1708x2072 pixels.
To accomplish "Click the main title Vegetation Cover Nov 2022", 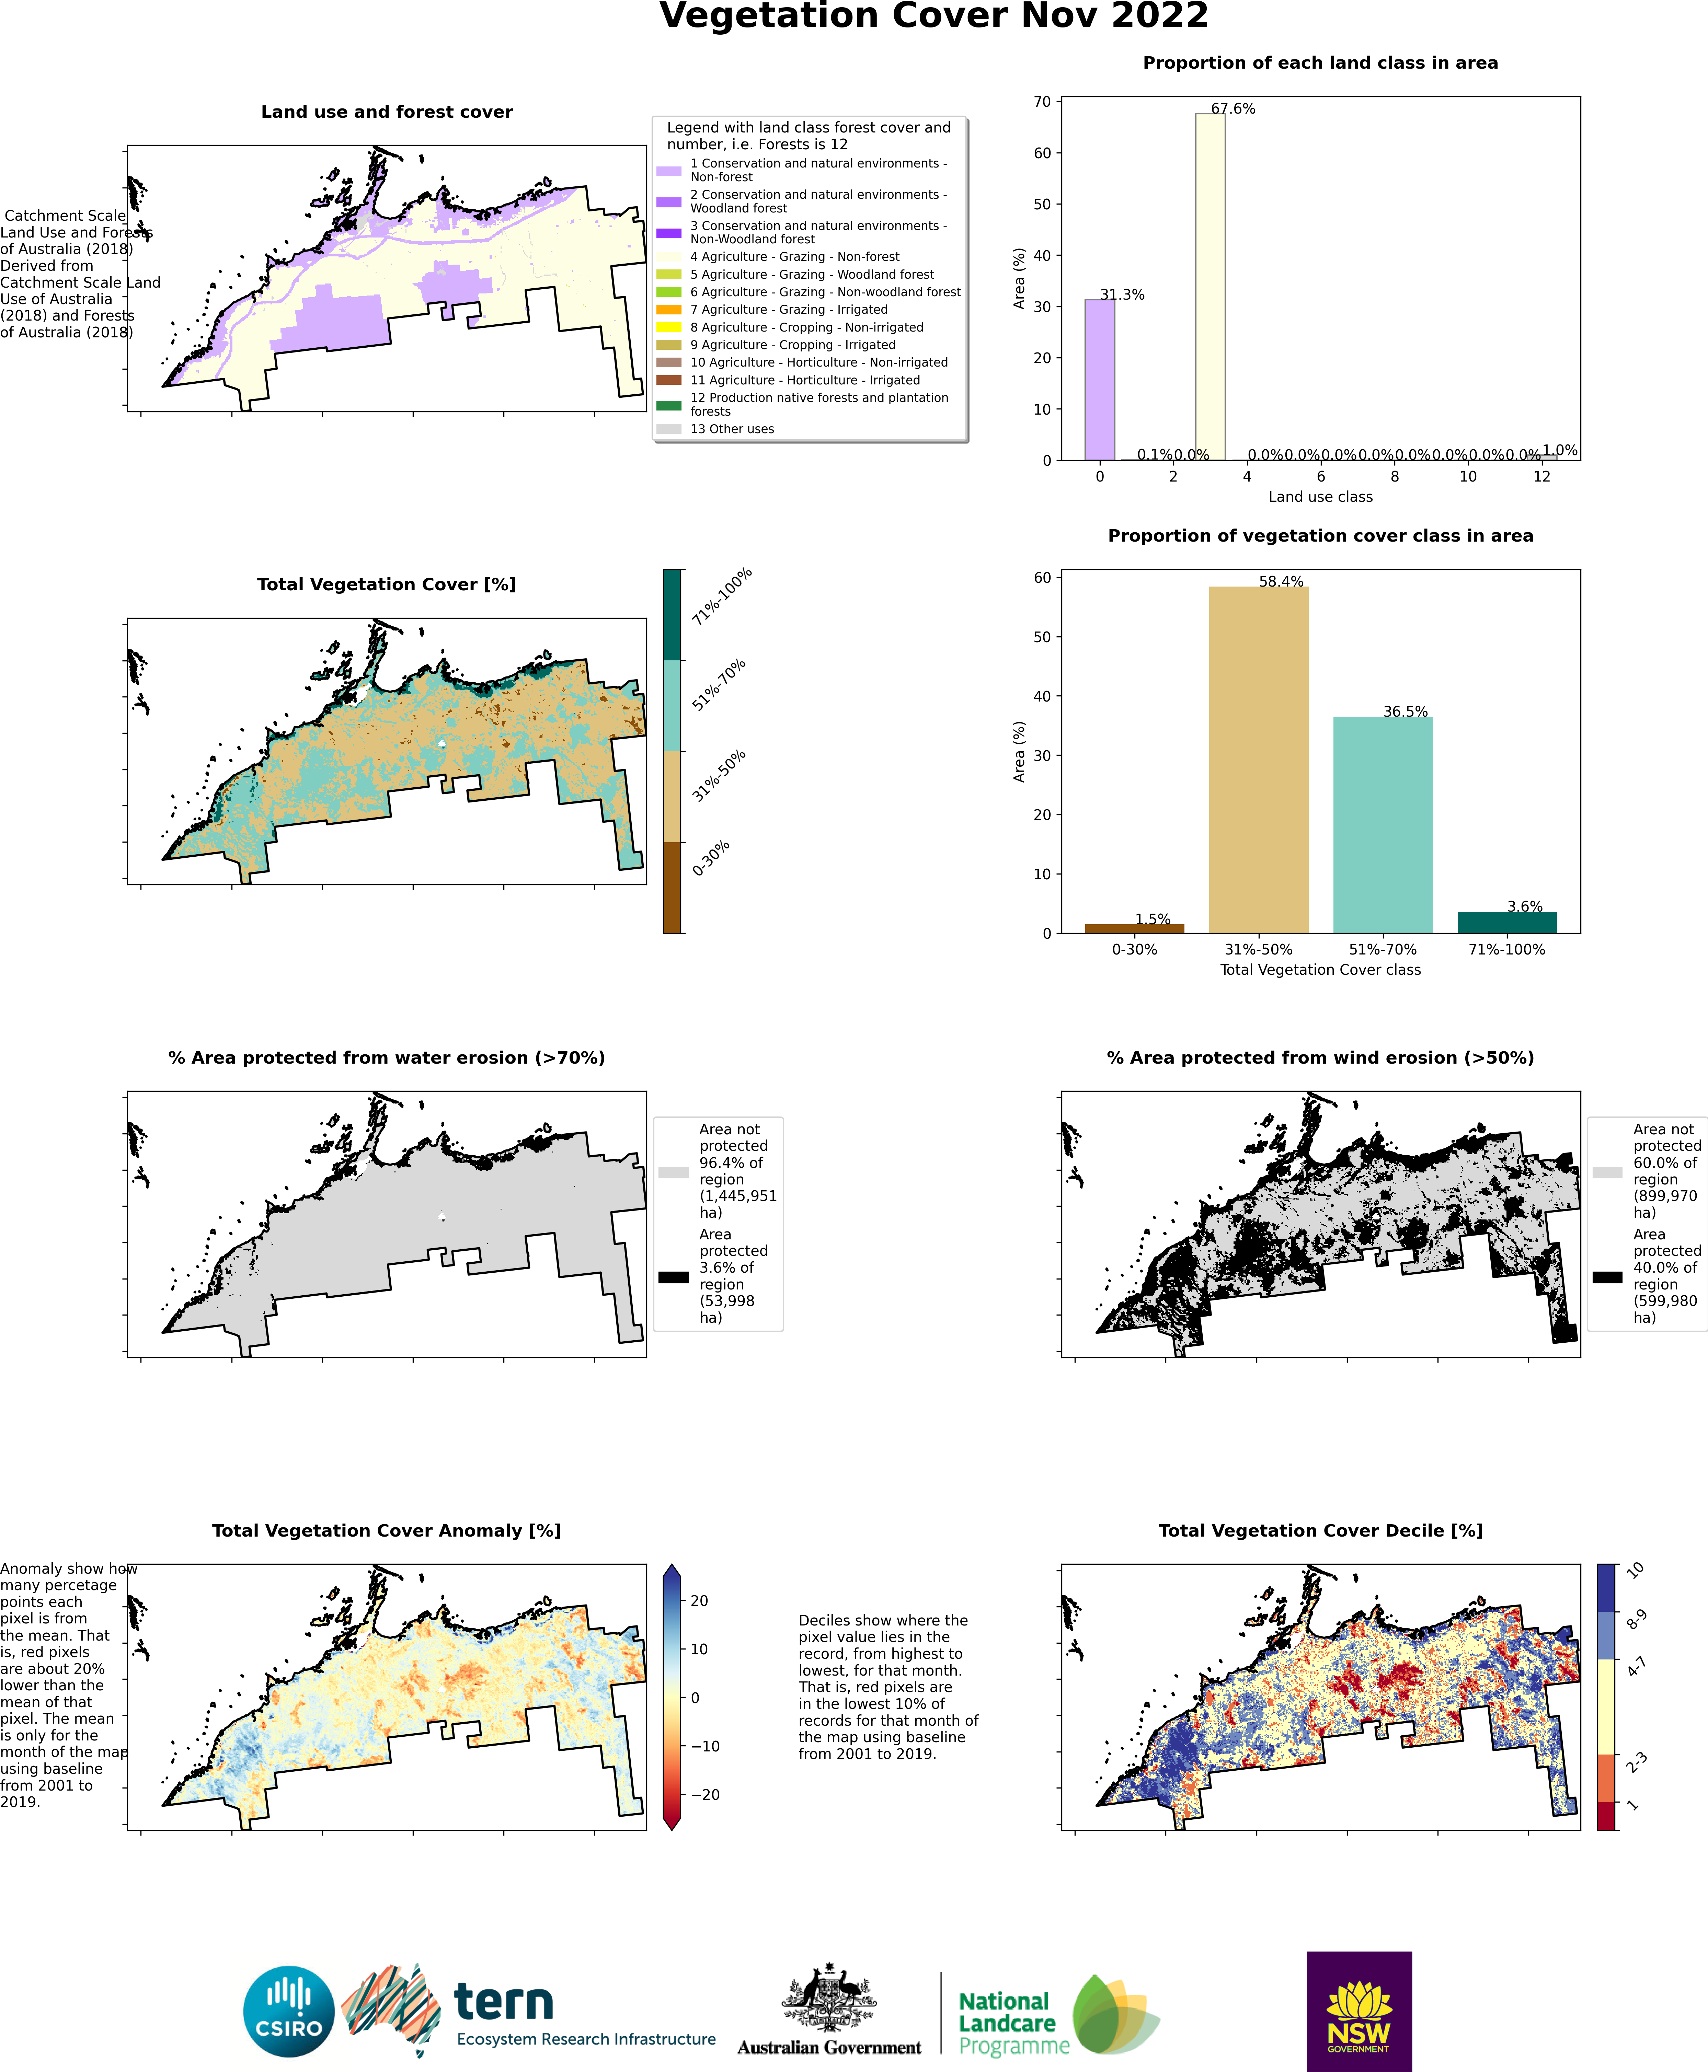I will [x=933, y=17].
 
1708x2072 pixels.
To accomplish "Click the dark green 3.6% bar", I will [x=1506, y=923].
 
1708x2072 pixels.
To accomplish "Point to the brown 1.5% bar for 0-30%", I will [x=1134, y=928].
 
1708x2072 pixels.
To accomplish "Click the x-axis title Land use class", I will [x=1319, y=497].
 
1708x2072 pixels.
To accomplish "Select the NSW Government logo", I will [x=1359, y=2011].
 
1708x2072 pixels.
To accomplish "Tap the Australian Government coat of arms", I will [x=828, y=1998].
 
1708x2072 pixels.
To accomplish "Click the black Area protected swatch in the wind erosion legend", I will [x=1607, y=1277].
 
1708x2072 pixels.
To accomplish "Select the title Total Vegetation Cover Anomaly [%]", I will [x=387, y=1530].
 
